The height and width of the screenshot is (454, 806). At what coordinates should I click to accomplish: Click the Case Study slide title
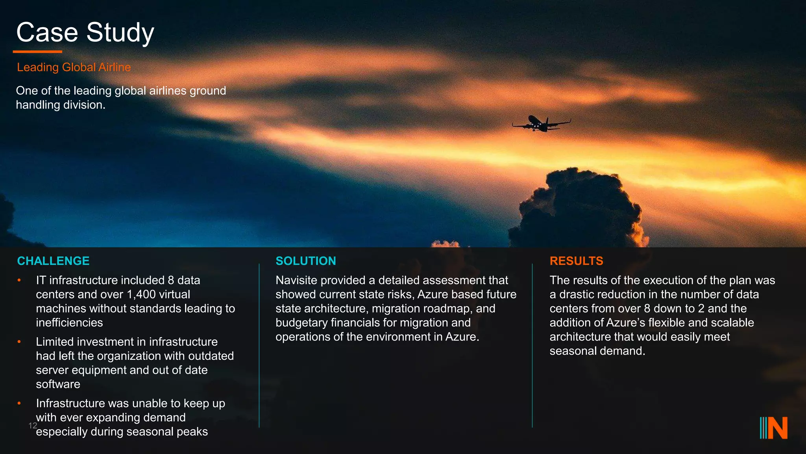click(85, 32)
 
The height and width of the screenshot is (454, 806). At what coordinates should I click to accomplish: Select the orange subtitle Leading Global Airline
click(74, 67)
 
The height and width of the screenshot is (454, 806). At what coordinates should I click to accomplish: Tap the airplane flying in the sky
click(541, 123)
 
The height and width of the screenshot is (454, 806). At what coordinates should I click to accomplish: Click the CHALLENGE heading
click(53, 261)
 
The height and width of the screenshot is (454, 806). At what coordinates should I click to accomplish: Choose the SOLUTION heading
click(306, 261)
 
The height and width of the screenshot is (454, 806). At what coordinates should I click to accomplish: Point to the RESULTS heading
click(576, 261)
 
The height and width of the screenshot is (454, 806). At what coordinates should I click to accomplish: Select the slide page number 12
click(33, 426)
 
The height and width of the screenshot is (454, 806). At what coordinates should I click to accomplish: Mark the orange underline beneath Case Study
click(37, 52)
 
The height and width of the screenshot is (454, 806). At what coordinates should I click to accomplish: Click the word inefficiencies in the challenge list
click(69, 323)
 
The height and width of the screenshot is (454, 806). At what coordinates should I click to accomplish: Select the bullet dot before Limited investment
click(19, 342)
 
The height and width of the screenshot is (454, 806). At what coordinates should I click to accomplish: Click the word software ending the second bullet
click(58, 384)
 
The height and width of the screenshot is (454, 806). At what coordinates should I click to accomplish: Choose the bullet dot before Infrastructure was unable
click(19, 403)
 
